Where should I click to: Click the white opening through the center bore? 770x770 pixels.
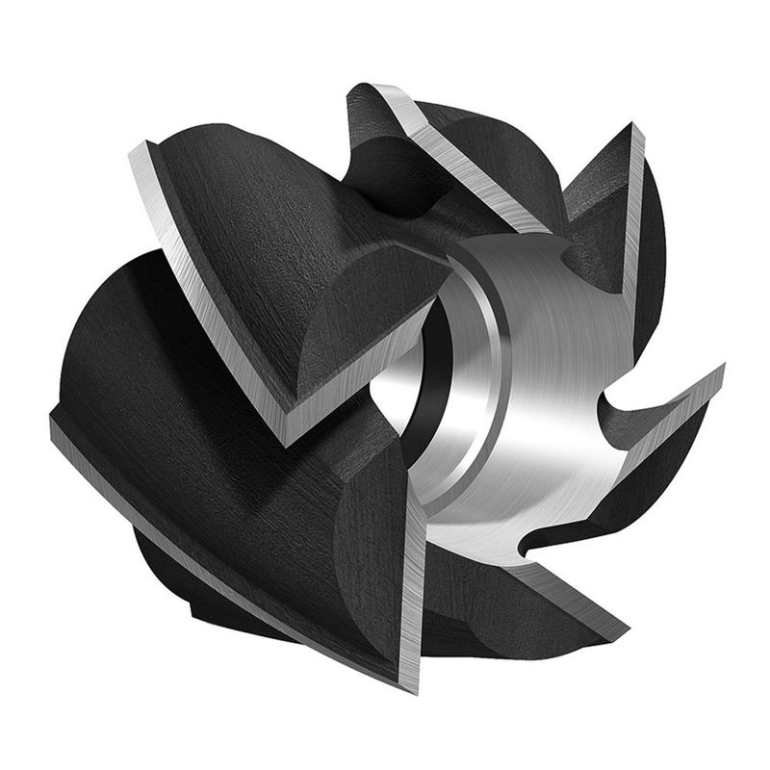390,380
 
